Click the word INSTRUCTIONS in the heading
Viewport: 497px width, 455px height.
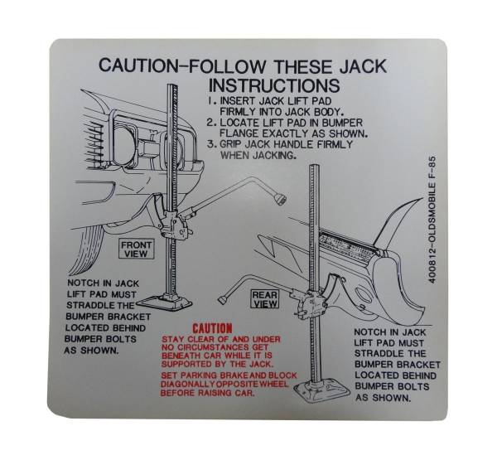pos(273,85)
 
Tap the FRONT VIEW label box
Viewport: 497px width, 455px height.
pos(136,250)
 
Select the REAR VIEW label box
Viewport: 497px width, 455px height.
pos(265,299)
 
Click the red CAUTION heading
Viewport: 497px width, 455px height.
pos(211,329)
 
